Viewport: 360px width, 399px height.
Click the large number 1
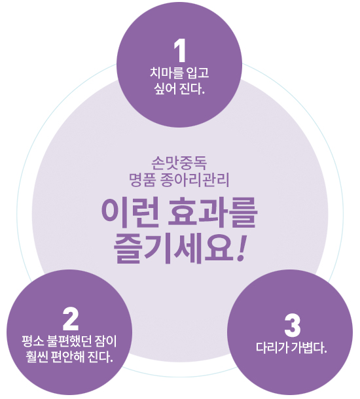coord(180,51)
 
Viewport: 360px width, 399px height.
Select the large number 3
coord(293,326)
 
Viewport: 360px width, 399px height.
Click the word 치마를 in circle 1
coord(166,73)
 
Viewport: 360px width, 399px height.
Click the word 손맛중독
coord(179,163)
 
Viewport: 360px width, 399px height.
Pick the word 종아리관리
coord(195,180)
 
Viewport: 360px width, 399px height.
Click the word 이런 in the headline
coord(130,213)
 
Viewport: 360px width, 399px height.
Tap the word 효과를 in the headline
coord(212,213)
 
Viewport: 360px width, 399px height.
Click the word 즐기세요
coord(173,249)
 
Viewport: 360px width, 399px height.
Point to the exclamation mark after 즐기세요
coord(241,248)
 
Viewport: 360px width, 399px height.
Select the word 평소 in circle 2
coord(32,341)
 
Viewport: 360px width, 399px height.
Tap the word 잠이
coord(105,341)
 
